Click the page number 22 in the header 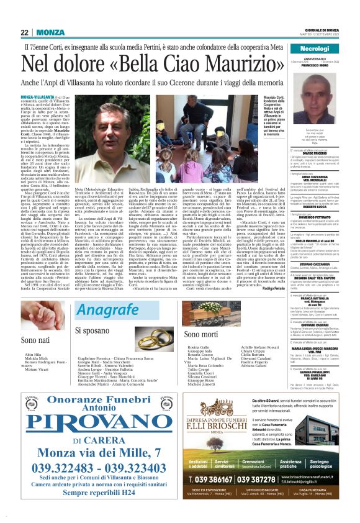[25, 32]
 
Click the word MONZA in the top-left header [50, 32]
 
